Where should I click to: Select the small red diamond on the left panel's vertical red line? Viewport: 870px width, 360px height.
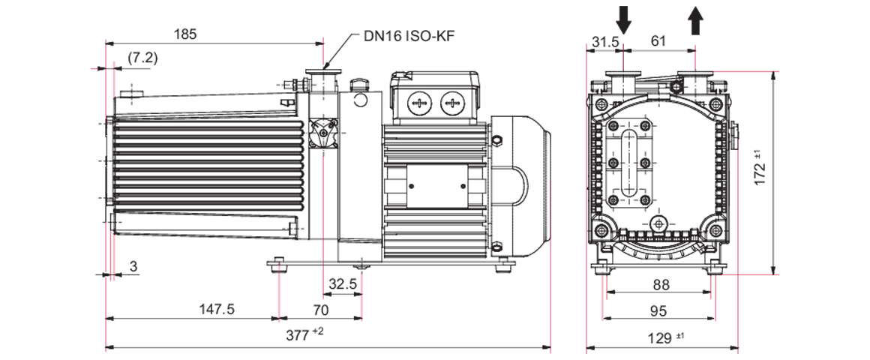pos(323,247)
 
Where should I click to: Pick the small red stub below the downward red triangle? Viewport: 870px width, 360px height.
pos(279,324)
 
